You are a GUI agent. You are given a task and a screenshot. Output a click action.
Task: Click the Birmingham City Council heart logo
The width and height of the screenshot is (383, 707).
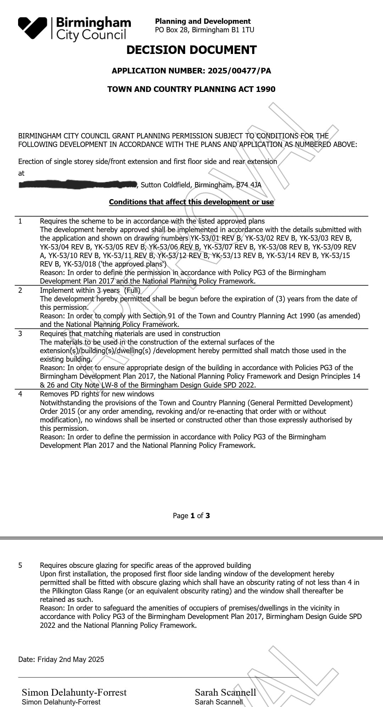[33, 27]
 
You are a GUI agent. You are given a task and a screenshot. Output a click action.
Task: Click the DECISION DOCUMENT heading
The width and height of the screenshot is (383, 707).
[191, 50]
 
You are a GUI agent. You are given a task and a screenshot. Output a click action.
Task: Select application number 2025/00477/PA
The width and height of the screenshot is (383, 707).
[239, 71]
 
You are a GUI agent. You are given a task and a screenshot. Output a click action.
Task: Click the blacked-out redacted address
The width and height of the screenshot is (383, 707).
[78, 184]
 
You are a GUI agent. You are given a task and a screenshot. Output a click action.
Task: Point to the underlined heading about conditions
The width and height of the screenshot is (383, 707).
[191, 202]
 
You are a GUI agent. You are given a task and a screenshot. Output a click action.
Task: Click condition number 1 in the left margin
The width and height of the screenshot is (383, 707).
[20, 221]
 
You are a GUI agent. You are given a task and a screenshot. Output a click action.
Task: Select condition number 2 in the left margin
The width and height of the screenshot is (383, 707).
[20, 290]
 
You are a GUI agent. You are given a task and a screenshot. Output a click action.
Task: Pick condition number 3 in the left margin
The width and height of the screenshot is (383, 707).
[20, 334]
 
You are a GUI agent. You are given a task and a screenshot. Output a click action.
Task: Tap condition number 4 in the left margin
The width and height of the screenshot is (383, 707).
[20, 394]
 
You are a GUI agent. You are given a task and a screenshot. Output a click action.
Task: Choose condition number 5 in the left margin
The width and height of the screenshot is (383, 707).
[20, 565]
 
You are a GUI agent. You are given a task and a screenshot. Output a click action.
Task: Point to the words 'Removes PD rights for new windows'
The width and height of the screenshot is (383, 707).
[97, 394]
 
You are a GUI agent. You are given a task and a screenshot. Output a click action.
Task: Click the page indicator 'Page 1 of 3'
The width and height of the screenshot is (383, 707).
[191, 516]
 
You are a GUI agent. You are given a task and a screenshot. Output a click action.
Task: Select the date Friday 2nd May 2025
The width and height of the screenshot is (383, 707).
[71, 659]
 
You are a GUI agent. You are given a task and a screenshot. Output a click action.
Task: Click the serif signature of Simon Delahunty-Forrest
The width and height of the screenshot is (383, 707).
[74, 692]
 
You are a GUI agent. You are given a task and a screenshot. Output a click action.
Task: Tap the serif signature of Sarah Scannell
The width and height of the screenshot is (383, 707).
[225, 692]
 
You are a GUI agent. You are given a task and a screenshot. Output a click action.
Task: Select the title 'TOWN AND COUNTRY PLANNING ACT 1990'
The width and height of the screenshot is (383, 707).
[191, 89]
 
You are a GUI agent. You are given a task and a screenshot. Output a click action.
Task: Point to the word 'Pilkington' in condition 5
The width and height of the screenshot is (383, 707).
[70, 591]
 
